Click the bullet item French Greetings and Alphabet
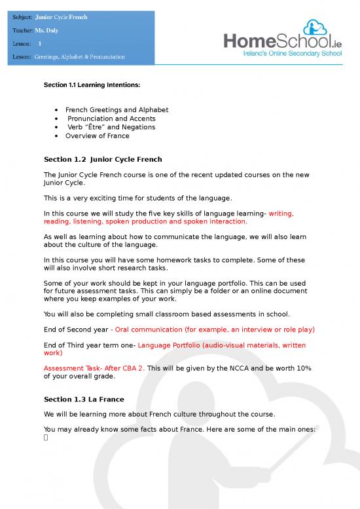[117, 109]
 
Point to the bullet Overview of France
[97, 136]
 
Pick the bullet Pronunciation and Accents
[111, 119]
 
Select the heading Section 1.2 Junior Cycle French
[102, 159]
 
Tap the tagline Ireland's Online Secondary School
[285, 54]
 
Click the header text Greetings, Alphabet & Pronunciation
[80, 58]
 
